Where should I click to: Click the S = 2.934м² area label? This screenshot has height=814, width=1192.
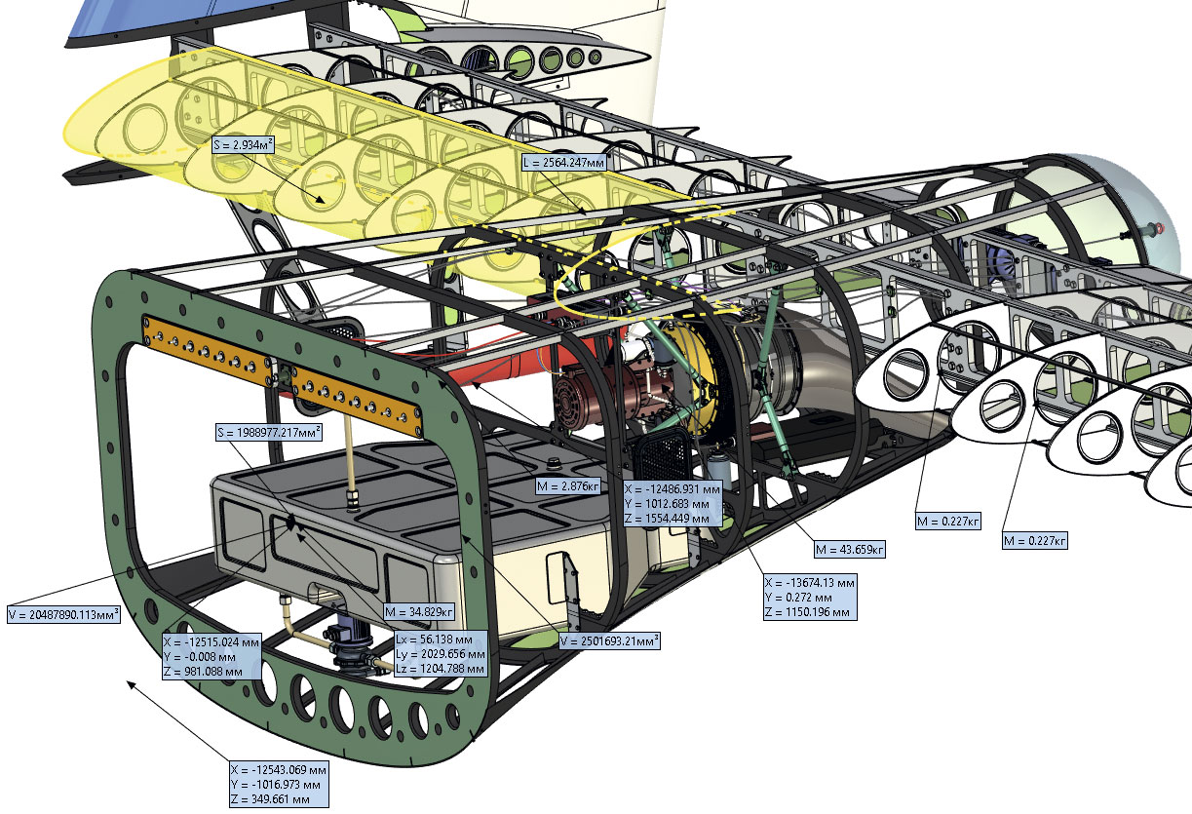click(x=243, y=145)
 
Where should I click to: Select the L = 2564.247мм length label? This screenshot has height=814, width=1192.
click(x=564, y=162)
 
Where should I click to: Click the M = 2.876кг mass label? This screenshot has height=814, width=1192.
click(x=567, y=485)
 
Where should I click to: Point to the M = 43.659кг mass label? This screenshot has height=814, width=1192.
click(x=849, y=550)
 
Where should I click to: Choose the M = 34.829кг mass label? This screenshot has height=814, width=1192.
click(x=419, y=611)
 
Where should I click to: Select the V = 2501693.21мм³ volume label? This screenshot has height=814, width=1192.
click(x=609, y=640)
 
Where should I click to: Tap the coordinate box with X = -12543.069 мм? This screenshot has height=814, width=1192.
click(x=278, y=784)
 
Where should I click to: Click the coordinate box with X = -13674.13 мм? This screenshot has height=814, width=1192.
click(x=811, y=597)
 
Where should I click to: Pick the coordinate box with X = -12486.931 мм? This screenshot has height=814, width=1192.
click(x=673, y=504)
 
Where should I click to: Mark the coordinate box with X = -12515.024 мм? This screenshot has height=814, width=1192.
click(x=211, y=656)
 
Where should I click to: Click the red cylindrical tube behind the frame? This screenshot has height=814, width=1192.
click(x=507, y=370)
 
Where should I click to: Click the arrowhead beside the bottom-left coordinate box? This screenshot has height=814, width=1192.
click(x=133, y=686)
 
